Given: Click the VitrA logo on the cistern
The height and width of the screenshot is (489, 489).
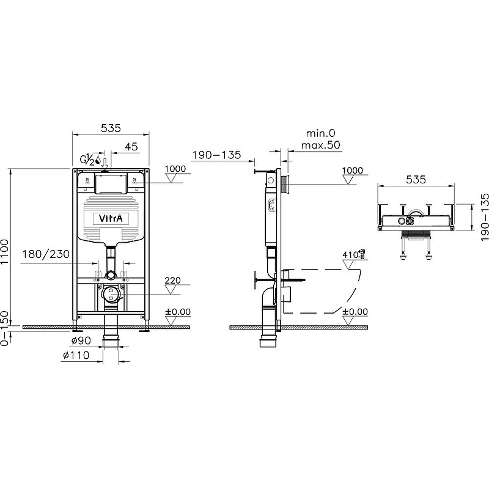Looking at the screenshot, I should tap(111, 219).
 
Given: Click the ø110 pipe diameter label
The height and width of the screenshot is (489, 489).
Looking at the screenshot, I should tap(76, 355).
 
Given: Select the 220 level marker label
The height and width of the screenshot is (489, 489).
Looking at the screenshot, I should tap(174, 282).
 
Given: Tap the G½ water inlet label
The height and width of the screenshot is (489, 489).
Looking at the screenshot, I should tap(87, 160).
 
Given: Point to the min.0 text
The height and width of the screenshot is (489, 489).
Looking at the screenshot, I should tap(321, 133).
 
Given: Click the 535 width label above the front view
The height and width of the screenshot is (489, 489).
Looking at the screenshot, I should tap(110, 128).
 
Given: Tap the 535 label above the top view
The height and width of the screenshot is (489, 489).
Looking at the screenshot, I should tap(415, 180).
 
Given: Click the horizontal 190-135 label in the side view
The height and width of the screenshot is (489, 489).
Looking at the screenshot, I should tap(216, 155).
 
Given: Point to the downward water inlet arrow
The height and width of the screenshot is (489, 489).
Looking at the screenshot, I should tap(106, 163).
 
